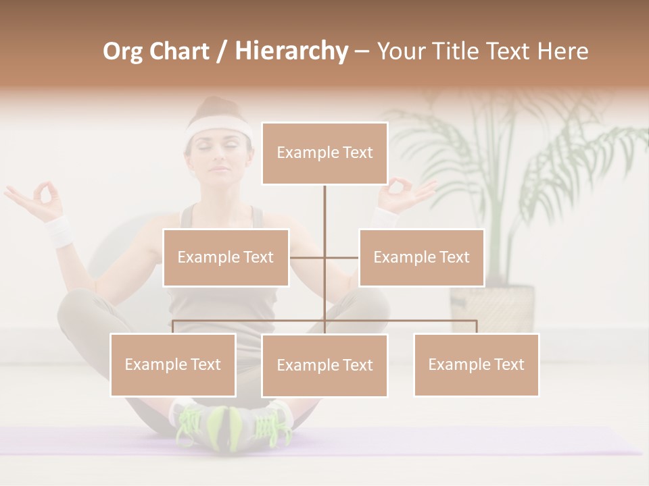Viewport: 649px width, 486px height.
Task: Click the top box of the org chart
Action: tap(324, 153)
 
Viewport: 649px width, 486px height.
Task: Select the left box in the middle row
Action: tap(226, 257)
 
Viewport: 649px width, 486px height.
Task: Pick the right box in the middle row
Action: tap(421, 257)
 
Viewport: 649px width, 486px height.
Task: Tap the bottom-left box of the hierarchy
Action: tap(173, 364)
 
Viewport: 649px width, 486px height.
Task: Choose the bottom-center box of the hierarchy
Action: tap(324, 365)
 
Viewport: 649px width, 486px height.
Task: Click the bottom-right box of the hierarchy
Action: tap(476, 364)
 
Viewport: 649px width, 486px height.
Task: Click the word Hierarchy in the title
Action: tap(291, 51)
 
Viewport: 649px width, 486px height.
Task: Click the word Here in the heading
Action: tap(562, 51)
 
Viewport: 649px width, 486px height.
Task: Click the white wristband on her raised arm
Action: tap(59, 231)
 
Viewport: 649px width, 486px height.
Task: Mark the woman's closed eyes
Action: tap(218, 144)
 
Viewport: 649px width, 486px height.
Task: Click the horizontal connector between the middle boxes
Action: tap(324, 257)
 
